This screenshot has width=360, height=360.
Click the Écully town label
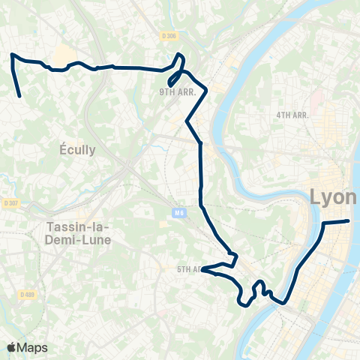pos(78,149)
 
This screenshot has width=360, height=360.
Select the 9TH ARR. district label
pos(175,92)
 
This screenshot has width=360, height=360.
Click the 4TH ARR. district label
pos(292,115)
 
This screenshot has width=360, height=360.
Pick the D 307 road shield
pos(10,202)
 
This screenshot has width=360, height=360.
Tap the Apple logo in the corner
pos(12,347)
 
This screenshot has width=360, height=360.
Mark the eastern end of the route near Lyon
pos(349,220)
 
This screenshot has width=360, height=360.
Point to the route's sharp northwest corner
pos(11,55)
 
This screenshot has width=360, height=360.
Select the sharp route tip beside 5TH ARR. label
pos(203,268)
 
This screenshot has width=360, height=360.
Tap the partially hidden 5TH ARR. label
pos(188,268)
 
